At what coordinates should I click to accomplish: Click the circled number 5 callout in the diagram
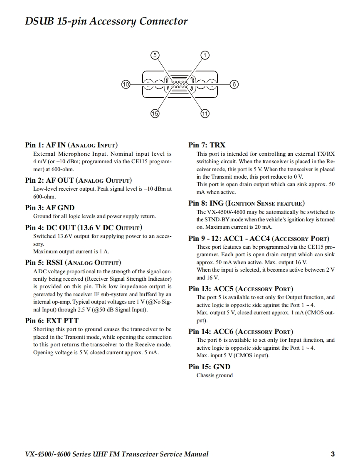tap(155, 55)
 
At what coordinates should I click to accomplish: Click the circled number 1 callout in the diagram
tap(205, 55)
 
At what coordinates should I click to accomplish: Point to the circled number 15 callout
tap(155, 113)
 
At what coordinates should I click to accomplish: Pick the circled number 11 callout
tap(205, 113)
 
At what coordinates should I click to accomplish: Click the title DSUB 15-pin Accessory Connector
tap(106, 22)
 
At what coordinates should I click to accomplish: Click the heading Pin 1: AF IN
tap(71, 145)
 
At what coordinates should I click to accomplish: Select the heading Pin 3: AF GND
tap(49, 208)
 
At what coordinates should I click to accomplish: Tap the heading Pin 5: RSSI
tap(73, 262)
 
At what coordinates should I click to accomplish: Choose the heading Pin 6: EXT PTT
tap(52, 321)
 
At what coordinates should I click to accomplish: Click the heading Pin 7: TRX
tap(207, 145)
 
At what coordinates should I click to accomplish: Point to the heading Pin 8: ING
tap(246, 203)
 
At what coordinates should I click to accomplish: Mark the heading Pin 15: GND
tap(209, 367)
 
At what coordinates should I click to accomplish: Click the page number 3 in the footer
tap(333, 454)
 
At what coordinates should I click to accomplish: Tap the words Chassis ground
tap(215, 375)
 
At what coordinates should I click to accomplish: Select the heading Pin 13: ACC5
tap(240, 289)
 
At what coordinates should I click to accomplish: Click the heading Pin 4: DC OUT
tap(84, 228)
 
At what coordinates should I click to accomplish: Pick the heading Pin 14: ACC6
tap(240, 331)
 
